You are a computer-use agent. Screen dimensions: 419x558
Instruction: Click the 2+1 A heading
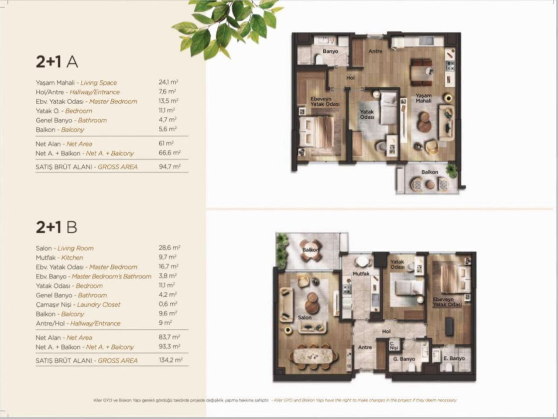coord(57,62)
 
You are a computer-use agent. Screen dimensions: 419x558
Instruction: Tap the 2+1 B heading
coord(56,227)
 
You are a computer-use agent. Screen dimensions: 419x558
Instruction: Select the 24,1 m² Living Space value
coord(168,82)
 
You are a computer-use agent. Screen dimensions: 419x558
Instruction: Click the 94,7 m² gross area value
coord(169,166)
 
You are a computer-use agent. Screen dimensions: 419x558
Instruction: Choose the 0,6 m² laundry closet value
coord(168,304)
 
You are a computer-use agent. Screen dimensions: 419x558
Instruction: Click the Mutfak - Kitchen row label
coord(59,258)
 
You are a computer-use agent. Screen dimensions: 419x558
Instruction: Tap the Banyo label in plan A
coord(330,52)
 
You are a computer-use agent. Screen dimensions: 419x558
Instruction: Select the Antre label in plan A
coord(375,51)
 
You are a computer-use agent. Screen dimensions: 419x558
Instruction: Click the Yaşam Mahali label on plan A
coord(423,98)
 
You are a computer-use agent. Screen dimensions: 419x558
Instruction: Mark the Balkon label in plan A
coord(429,172)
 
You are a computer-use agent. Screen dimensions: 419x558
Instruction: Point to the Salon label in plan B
coord(305,317)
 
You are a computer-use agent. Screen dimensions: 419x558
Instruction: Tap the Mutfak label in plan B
coord(361,274)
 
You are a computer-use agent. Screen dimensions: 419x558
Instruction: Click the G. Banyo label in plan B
coord(404,359)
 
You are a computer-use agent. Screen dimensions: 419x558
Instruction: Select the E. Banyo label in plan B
coord(454,358)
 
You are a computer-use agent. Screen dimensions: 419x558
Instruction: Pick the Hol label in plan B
coord(386,332)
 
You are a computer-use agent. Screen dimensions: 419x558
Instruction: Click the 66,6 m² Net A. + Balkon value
coord(169,153)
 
